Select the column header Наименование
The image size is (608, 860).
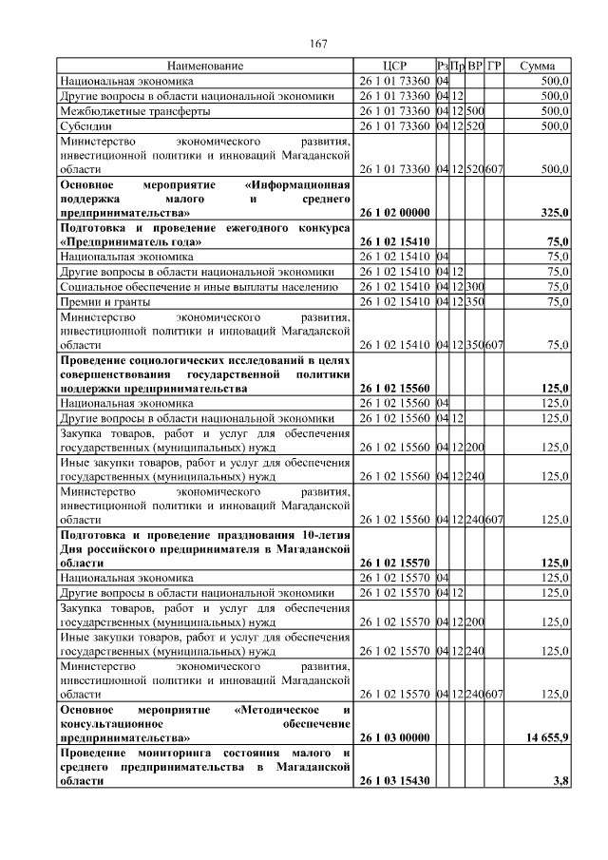tap(205, 67)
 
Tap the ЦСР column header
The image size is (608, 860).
tap(394, 67)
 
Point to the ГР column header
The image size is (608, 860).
tap(494, 67)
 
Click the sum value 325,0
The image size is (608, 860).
tap(553, 212)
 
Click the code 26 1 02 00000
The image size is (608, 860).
tap(395, 212)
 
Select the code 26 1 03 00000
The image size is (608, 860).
tap(395, 737)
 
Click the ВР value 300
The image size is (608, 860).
tap(475, 286)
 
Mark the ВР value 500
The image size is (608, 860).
tap(475, 110)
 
